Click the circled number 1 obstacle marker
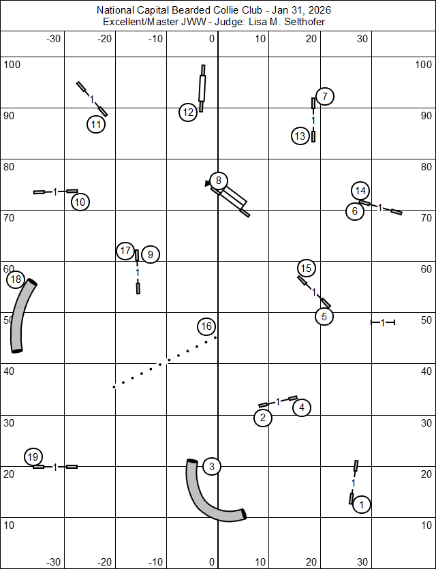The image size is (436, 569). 362,505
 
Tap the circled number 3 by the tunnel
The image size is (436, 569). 212,467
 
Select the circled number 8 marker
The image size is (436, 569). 218,181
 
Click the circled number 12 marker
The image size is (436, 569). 189,112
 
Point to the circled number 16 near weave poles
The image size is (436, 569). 207,327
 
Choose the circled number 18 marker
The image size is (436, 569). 16,279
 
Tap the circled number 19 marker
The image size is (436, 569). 33,456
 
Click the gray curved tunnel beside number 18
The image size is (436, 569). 21,318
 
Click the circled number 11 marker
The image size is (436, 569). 96,124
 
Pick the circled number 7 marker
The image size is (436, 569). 325,96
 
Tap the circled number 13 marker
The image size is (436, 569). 300,136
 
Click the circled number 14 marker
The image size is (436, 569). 361,190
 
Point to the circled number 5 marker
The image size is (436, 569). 324,316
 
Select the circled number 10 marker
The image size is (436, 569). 80,202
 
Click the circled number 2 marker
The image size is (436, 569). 263,418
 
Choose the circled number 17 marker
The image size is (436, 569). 125,251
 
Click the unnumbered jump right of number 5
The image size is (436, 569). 383,322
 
